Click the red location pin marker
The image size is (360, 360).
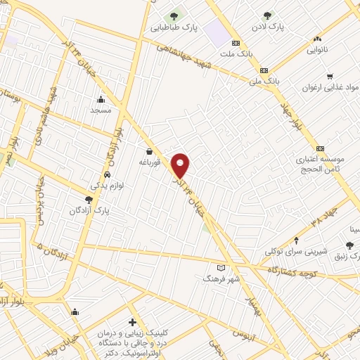coord(181,165)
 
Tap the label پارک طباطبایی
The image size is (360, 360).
coord(172,28)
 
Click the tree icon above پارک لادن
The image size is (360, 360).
coord(266,15)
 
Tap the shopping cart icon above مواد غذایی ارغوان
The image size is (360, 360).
coord(329,76)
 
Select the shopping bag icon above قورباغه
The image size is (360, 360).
coord(149,151)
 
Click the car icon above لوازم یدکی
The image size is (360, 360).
coord(106,175)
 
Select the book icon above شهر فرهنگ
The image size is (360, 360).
coord(221,268)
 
